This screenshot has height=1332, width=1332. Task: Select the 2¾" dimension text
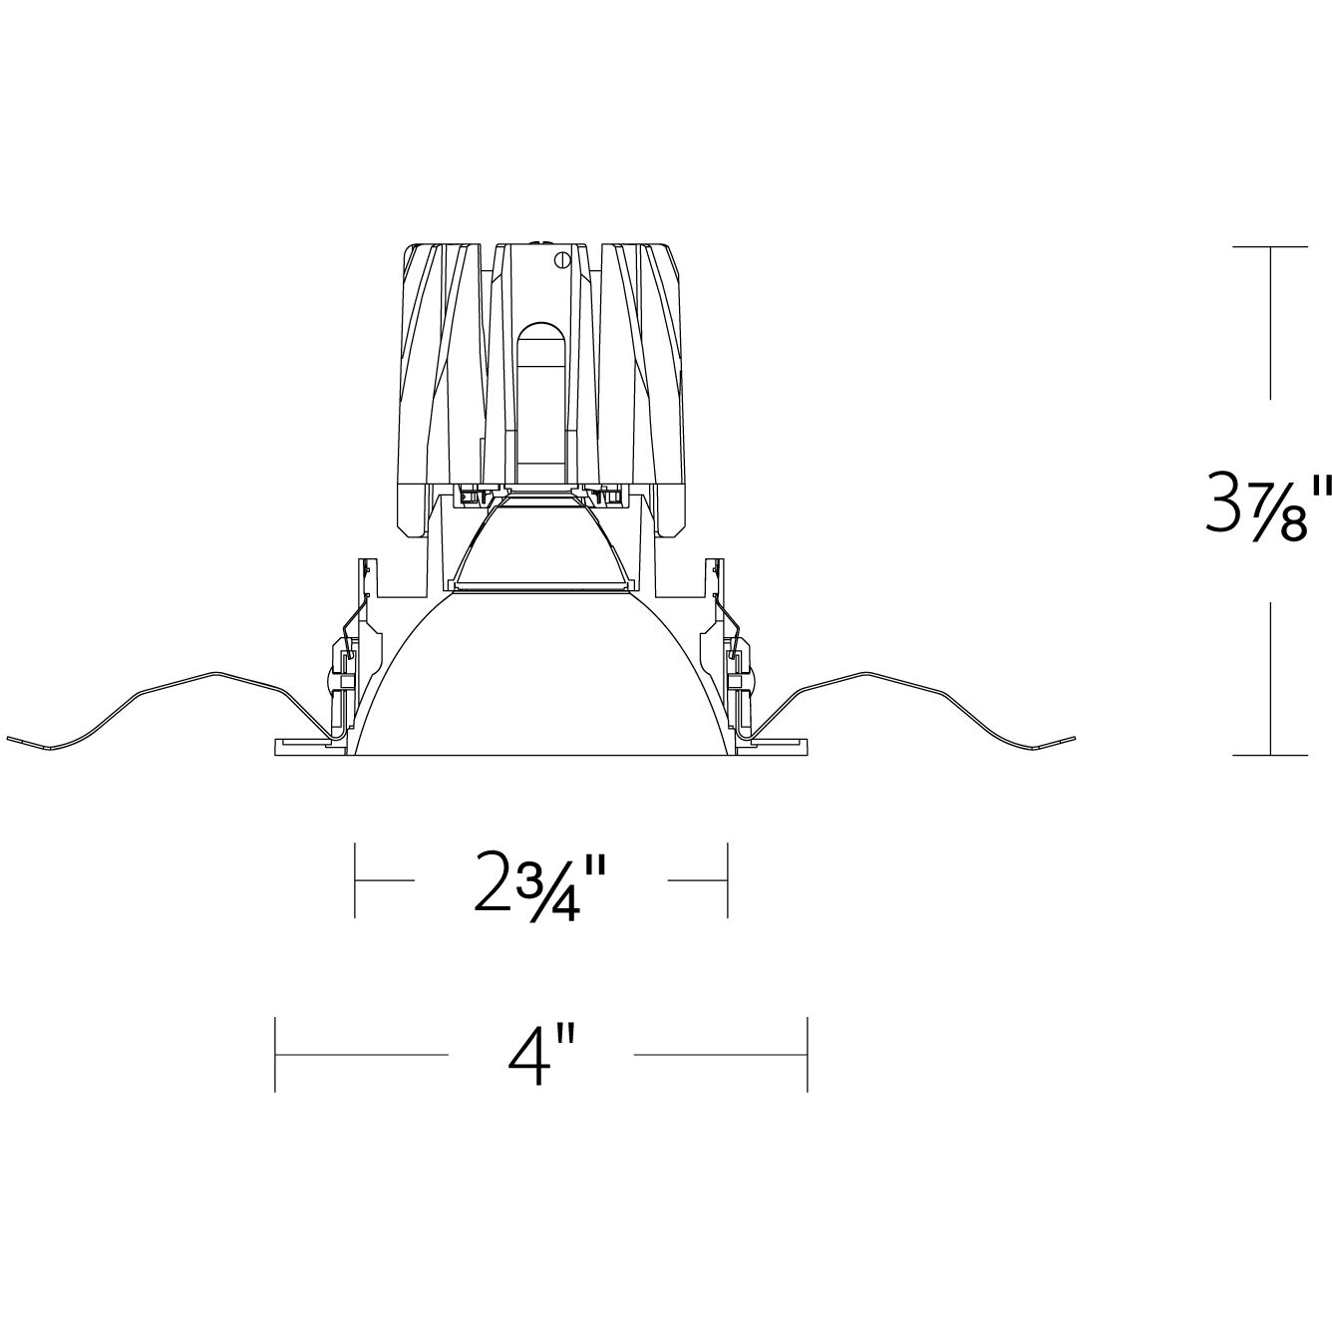pos(540,881)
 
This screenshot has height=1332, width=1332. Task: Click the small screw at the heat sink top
pos(561,260)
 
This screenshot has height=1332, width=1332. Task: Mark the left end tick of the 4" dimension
pos(275,1054)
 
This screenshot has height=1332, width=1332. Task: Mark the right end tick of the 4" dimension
pos(807,1054)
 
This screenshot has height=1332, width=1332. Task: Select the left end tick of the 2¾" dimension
pos(356,880)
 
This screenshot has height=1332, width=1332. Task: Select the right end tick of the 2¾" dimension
pos(728,880)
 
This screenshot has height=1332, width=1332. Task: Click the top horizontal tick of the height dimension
pos(1269,246)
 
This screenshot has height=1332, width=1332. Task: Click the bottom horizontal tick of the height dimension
pos(1269,756)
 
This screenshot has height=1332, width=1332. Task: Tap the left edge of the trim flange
pos(276,747)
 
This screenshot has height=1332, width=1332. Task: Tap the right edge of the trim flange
pos(805,747)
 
